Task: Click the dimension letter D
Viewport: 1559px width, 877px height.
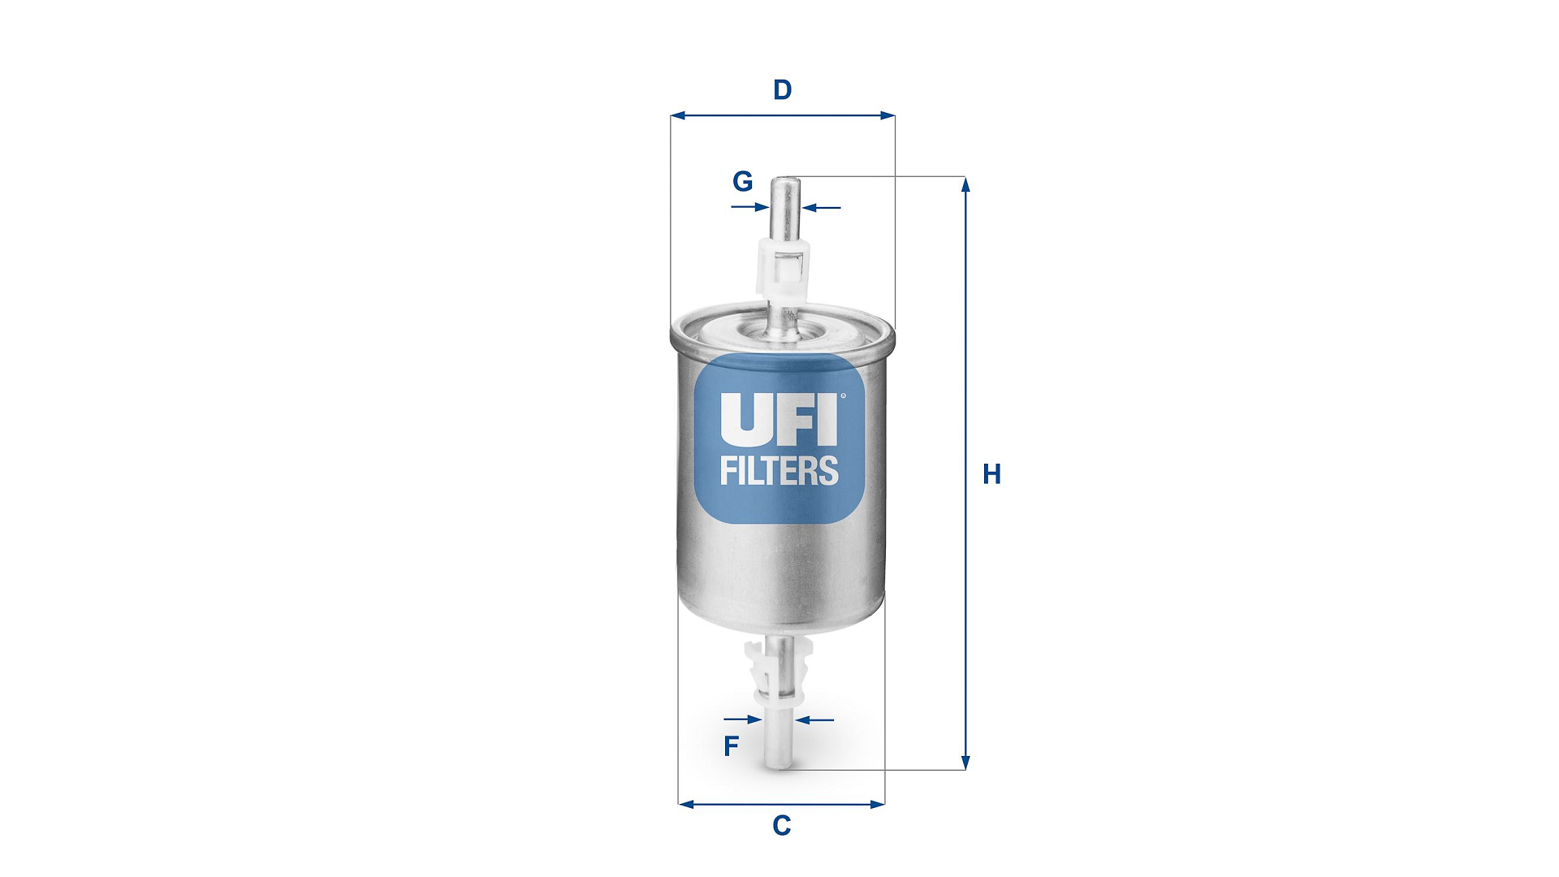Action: click(x=782, y=89)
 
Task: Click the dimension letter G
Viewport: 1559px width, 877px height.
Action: click(x=743, y=181)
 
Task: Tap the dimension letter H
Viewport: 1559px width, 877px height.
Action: click(x=991, y=474)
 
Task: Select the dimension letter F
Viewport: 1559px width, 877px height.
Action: click(x=731, y=746)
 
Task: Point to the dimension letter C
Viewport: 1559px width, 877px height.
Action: click(x=781, y=826)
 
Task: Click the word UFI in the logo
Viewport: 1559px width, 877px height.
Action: click(x=778, y=420)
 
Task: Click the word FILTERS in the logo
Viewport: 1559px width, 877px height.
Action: click(x=779, y=471)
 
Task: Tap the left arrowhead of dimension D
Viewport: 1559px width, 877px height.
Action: click(x=677, y=116)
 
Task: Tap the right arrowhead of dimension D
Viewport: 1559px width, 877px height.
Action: click(x=887, y=116)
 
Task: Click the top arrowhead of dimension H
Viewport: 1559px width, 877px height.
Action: click(x=965, y=184)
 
